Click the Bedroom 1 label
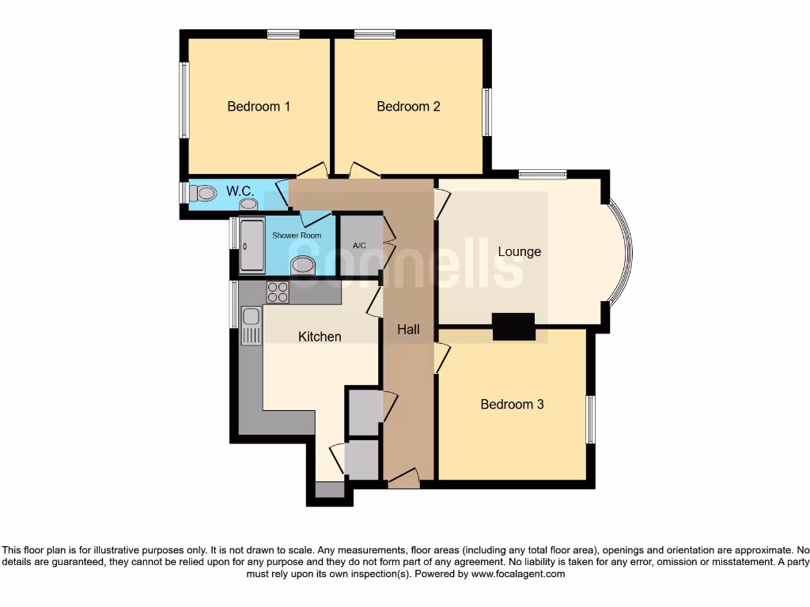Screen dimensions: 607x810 (x=259, y=107)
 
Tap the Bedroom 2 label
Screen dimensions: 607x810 (x=408, y=107)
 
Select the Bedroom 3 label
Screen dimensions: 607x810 (x=512, y=405)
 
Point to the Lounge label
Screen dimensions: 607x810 (x=520, y=252)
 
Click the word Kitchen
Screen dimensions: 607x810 (x=320, y=337)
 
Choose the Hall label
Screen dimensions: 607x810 (x=408, y=330)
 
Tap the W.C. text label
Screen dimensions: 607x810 (x=240, y=191)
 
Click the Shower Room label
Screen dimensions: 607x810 (x=297, y=236)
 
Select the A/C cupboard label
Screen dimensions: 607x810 (x=360, y=245)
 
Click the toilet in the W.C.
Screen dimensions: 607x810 (x=205, y=193)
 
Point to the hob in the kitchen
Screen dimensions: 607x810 (x=278, y=292)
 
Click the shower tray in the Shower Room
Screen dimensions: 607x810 (x=252, y=246)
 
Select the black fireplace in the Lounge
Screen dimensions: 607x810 (x=513, y=326)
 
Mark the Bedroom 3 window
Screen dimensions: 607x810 (x=590, y=419)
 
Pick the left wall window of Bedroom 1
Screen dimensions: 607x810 (x=184, y=100)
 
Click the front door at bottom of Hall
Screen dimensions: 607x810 (x=403, y=478)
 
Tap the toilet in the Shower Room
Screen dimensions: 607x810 (x=302, y=266)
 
